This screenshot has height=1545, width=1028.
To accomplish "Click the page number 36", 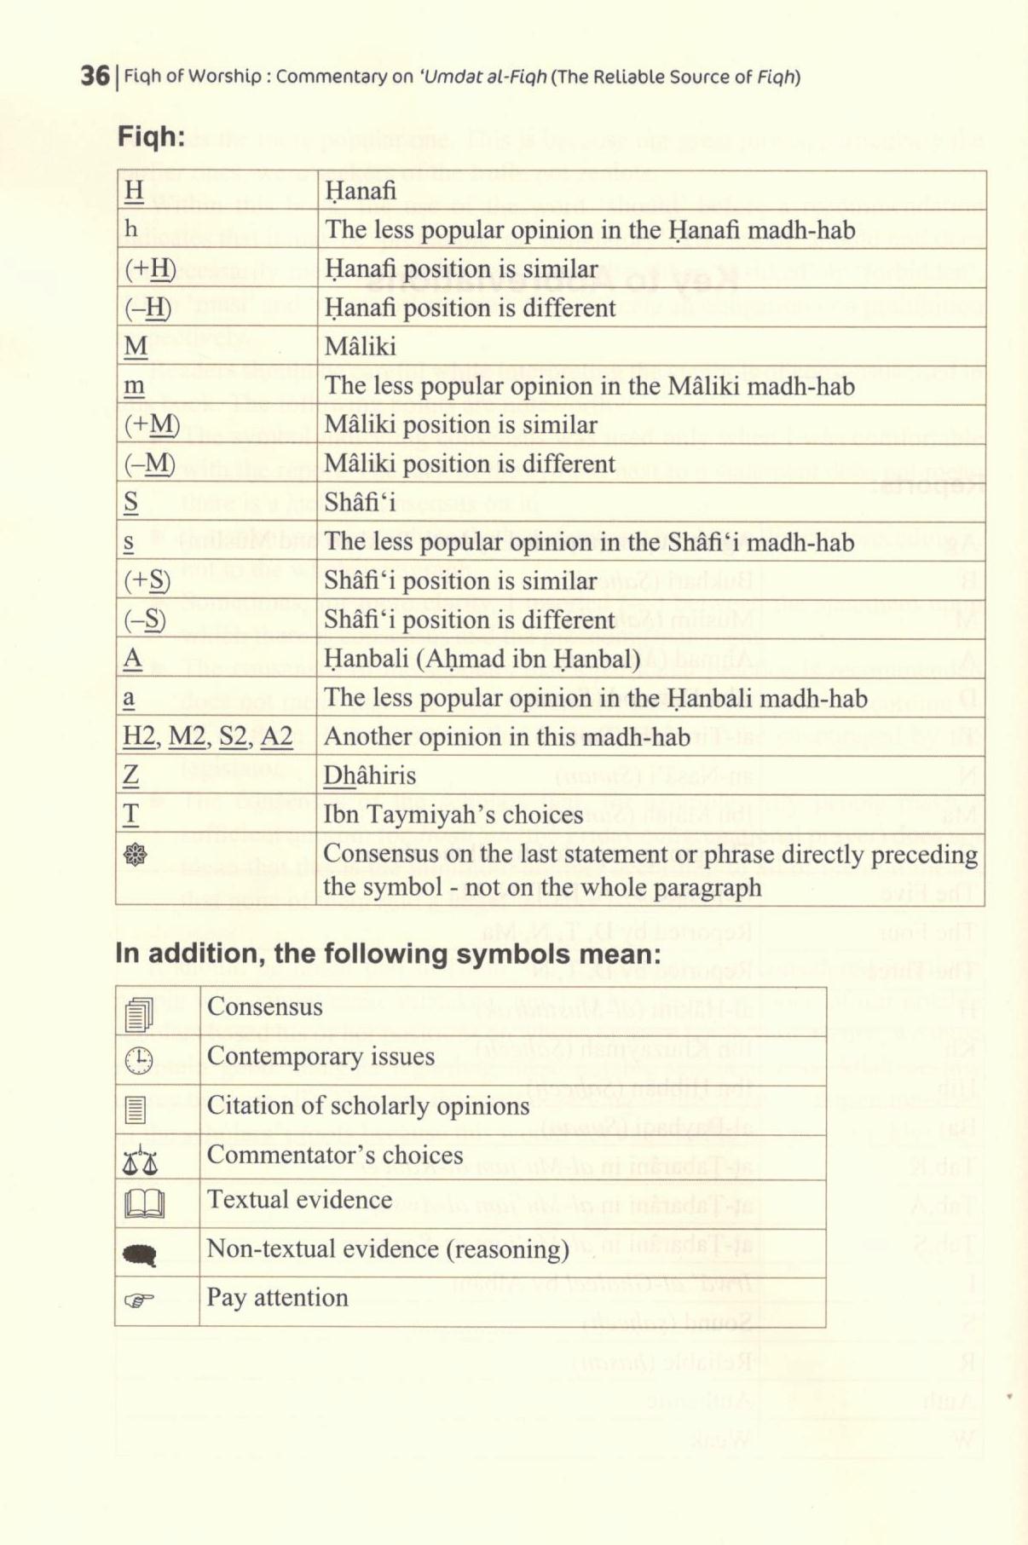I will [95, 76].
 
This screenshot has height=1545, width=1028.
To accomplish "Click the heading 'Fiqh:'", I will [151, 135].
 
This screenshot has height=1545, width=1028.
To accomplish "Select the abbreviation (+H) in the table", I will [150, 269].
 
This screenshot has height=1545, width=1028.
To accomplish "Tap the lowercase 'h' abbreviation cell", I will [131, 229].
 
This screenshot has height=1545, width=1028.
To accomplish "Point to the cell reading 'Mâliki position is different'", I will [469, 464].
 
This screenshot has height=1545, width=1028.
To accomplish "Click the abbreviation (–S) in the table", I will [145, 620].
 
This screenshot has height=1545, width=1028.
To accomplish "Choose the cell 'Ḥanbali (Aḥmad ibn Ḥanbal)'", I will [482, 659].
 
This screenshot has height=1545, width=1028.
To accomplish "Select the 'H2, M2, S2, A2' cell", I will [208, 736].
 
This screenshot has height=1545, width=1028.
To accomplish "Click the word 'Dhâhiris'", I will [369, 775].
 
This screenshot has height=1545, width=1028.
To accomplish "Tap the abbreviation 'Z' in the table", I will [131, 775].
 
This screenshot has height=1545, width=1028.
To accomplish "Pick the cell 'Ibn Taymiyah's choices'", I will [453, 815].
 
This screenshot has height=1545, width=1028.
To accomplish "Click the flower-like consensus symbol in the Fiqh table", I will [136, 855].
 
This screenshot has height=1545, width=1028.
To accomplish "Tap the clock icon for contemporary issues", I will [138, 1061].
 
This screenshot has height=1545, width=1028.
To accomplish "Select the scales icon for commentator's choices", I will [140, 1160].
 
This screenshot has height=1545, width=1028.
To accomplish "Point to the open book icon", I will [143, 1204].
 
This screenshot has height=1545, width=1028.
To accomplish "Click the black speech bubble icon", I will [140, 1254].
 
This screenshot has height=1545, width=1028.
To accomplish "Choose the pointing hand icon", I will [140, 1300].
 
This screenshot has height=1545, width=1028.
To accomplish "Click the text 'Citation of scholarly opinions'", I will [368, 1106].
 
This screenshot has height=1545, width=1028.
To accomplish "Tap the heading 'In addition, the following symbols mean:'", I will [388, 954].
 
